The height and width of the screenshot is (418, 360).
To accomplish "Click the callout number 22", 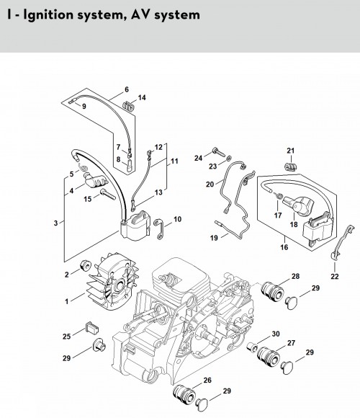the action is pos(335,277).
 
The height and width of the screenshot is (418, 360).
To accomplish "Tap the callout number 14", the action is pos(142,97).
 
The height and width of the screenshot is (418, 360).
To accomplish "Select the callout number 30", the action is pos(276,334).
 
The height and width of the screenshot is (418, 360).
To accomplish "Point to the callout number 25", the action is pos(66,337).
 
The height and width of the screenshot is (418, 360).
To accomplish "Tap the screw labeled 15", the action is pos(108,194).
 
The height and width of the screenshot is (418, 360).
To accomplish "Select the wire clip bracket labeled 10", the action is pos(160,229).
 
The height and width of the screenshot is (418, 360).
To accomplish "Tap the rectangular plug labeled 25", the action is pos(92,326).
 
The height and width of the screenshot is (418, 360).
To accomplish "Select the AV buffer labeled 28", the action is pos(271,291).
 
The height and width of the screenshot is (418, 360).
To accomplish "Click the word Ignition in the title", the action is pos(48,14).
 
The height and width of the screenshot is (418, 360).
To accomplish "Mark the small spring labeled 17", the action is pos(279,196).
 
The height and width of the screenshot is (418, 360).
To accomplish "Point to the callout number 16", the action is pos(284,247).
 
